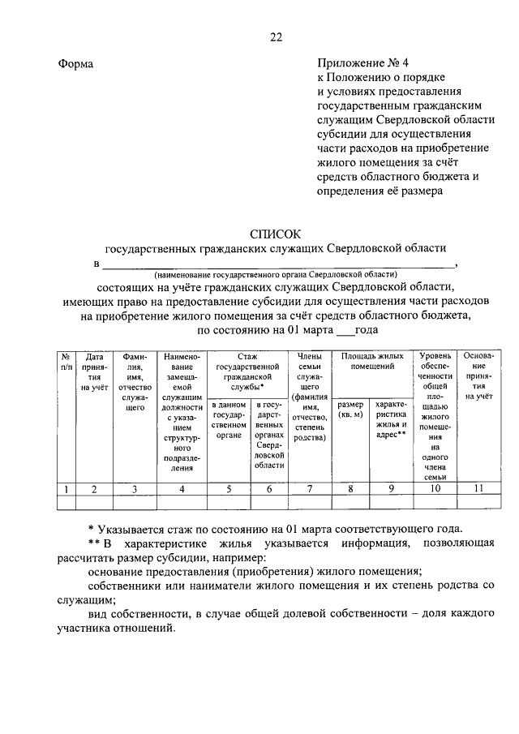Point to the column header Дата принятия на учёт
click(95, 371)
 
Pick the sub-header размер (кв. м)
click(350, 410)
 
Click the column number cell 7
click(310, 488)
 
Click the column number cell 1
click(64, 488)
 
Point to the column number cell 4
click(182, 488)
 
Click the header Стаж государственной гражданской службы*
click(247, 371)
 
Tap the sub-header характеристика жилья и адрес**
click(391, 419)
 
